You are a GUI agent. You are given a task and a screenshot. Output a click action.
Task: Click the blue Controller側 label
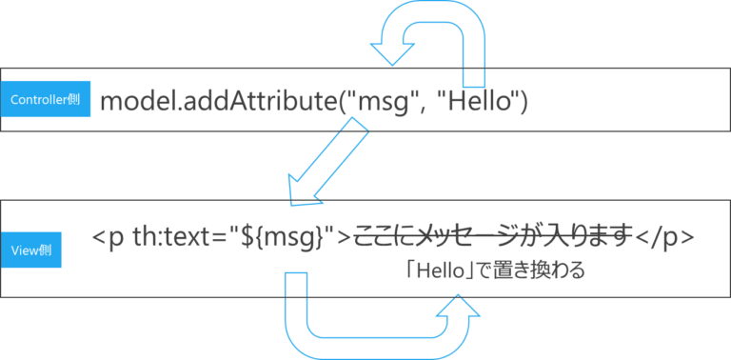coord(45,99)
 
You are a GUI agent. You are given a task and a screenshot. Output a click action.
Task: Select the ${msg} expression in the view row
coord(289,238)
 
